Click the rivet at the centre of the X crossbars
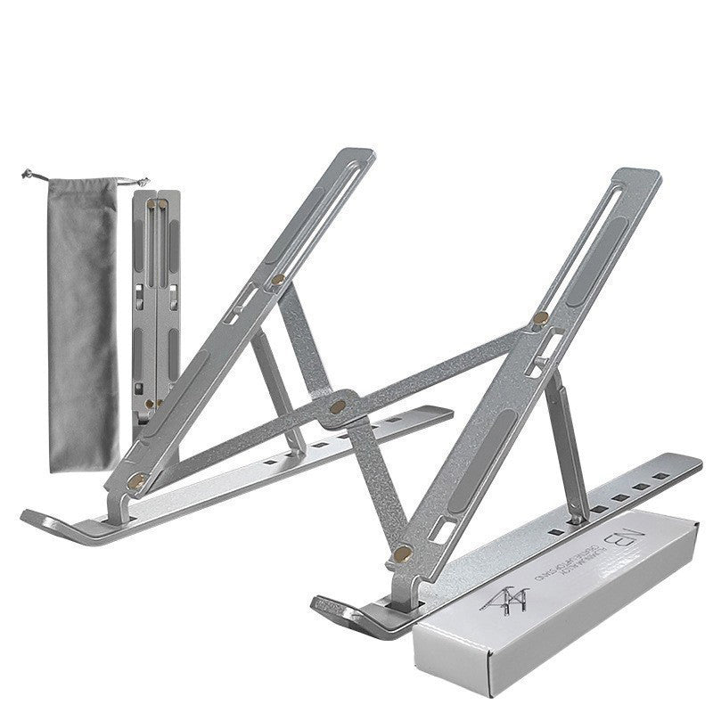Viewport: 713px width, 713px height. click(x=336, y=406)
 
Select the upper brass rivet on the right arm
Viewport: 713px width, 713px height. click(x=541, y=317)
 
